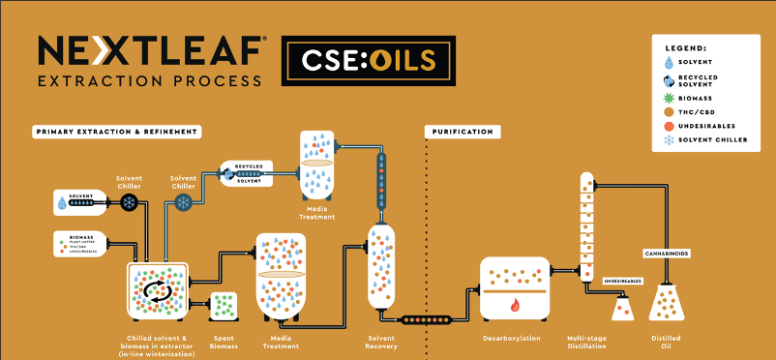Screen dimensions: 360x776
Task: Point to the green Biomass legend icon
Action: tap(672, 96)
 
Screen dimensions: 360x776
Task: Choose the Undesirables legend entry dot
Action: tap(672, 125)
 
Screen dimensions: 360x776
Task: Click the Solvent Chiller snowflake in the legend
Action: tap(672, 139)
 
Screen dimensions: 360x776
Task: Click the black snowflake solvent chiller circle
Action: tap(129, 202)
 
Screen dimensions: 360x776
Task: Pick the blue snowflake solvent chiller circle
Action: tap(182, 202)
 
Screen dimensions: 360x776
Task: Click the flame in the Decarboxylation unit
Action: tap(515, 305)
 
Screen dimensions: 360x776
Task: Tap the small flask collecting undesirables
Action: tap(621, 308)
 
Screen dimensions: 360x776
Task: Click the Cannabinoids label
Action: tap(665, 254)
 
